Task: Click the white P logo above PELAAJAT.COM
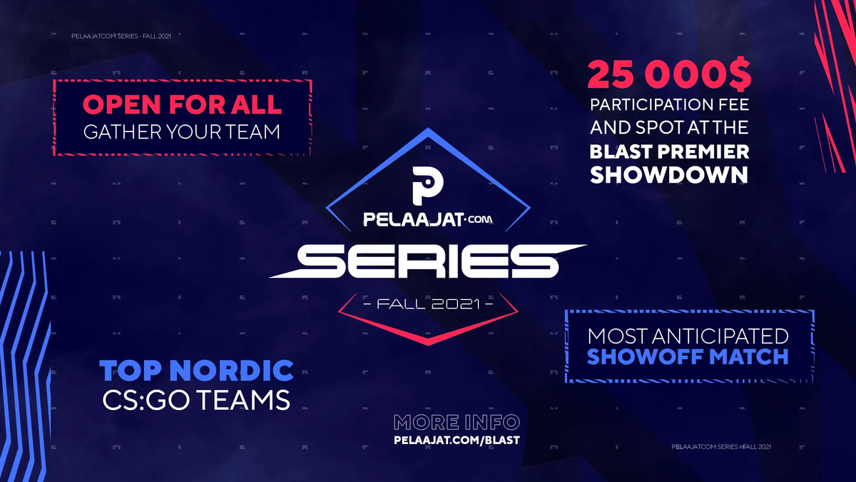coord(427,185)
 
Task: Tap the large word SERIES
coord(427,261)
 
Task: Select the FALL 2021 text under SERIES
coord(428,304)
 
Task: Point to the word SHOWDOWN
coord(669,175)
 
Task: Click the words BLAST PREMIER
coord(669,151)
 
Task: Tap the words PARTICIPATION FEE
coord(669,104)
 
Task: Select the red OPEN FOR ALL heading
coord(182,104)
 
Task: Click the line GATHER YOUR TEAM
coord(182,131)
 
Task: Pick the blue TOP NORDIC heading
coord(196,371)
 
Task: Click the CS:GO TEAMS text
coord(196,400)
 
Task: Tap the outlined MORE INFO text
coord(457,422)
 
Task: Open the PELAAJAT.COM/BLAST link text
coord(457,440)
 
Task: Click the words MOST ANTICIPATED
coord(688,336)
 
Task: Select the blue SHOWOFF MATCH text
coord(688,356)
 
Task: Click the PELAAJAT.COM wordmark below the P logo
coord(427,220)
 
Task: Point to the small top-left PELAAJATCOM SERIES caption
coord(121,36)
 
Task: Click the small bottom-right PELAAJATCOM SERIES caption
coord(721,446)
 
